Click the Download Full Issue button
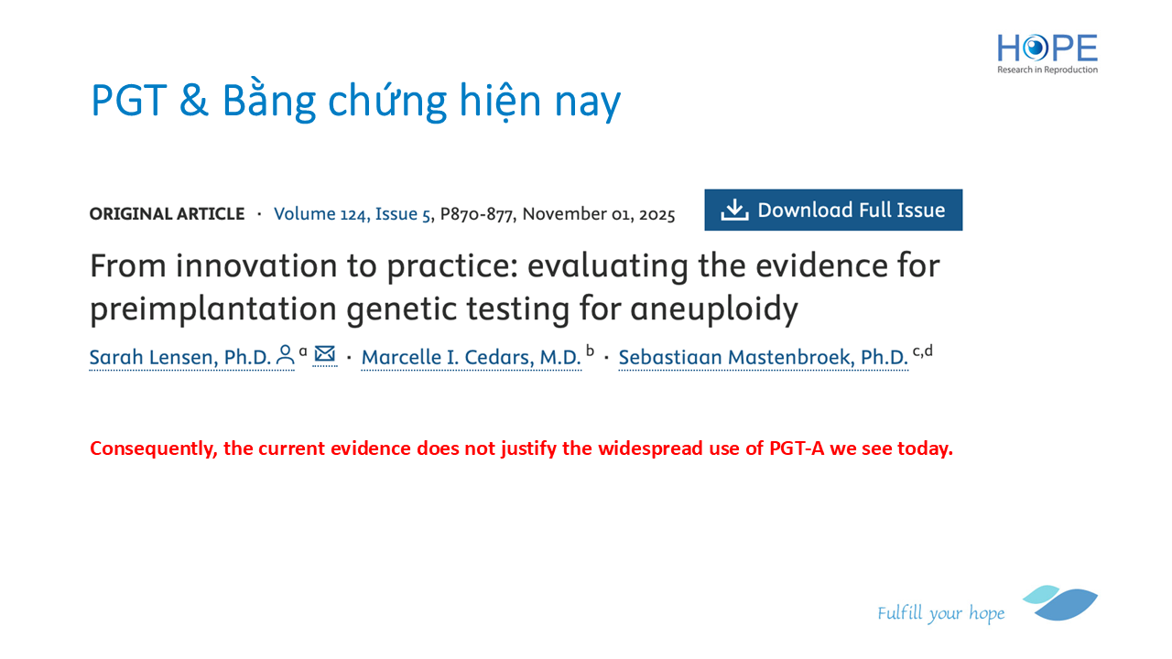click(833, 210)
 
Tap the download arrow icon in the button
click(734, 210)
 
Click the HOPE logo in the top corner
click(1047, 54)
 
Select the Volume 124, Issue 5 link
click(353, 214)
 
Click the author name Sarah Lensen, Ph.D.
click(180, 357)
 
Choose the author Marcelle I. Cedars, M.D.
click(471, 357)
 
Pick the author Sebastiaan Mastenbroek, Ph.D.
click(763, 357)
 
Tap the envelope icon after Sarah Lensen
click(325, 354)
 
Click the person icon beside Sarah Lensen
click(285, 354)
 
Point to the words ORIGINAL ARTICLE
click(167, 214)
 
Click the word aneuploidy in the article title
click(713, 308)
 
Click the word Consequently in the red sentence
click(153, 448)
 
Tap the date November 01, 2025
click(599, 214)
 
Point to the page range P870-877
click(476, 214)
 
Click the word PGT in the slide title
click(129, 100)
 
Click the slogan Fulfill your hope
click(940, 613)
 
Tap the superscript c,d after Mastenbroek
click(922, 351)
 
